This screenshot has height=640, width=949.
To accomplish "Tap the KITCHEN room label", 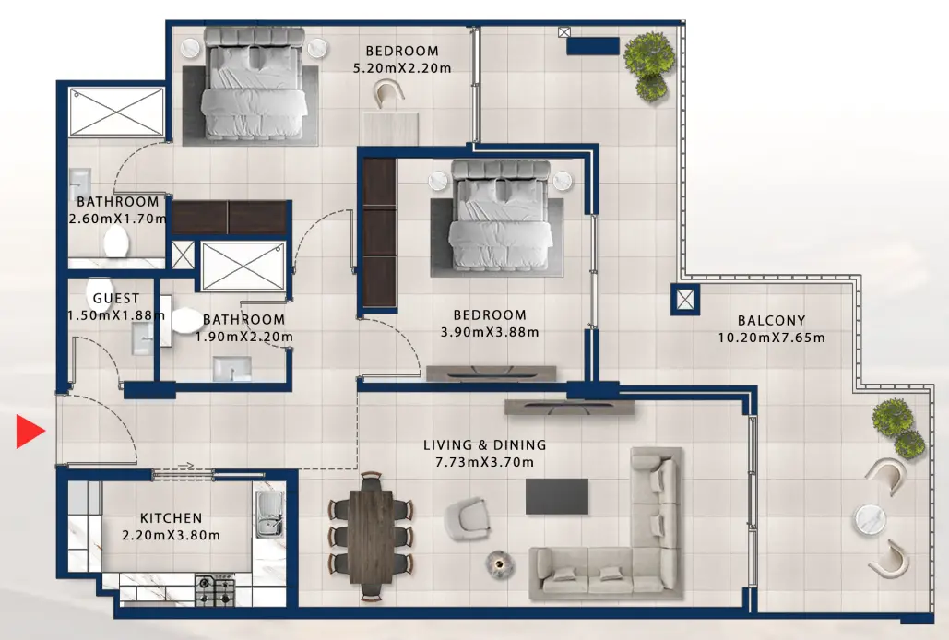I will (x=171, y=518).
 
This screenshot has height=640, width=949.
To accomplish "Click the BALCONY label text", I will (x=771, y=321).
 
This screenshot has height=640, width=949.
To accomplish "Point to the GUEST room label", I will (x=116, y=299).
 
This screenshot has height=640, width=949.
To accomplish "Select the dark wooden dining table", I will (x=371, y=531).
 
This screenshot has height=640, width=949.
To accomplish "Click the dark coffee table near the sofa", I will (x=557, y=496).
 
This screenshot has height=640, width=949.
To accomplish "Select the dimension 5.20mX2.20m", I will (x=402, y=68).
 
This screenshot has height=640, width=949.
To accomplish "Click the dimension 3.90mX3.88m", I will (x=490, y=332).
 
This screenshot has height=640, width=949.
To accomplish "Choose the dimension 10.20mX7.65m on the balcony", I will (x=771, y=338).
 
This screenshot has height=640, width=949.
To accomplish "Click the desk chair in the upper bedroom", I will (x=390, y=92).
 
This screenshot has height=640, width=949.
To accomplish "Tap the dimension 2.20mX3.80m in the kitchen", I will (x=171, y=535).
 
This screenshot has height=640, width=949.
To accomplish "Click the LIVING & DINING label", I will (x=484, y=445).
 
